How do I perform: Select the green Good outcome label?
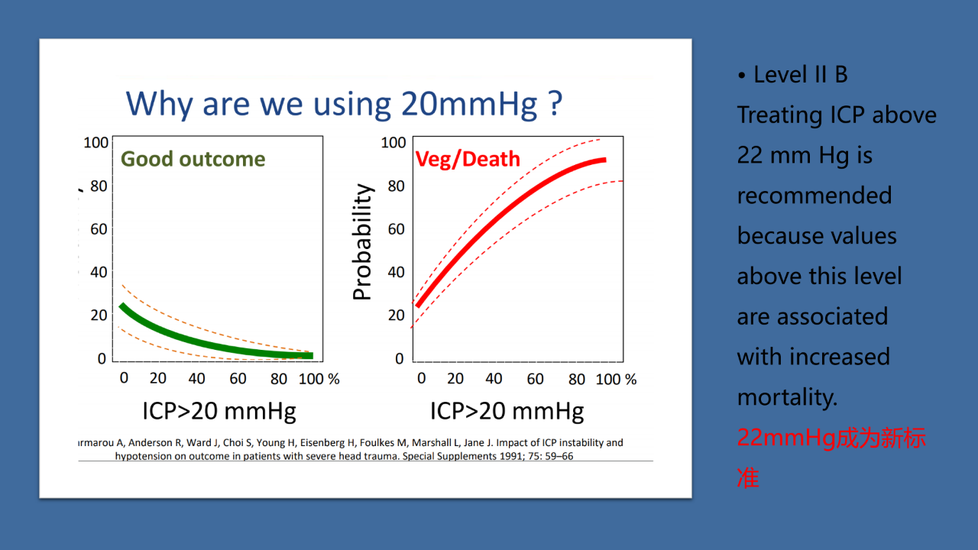193,159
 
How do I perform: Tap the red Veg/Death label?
468,159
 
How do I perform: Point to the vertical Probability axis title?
362,242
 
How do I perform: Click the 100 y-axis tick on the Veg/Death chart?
393,143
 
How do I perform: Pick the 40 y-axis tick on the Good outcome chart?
99,272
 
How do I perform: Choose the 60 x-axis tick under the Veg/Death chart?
535,379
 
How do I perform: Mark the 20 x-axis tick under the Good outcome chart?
158,378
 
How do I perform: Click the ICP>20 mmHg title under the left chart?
219,411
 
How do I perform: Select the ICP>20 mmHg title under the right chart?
507,411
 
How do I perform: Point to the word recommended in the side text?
814,196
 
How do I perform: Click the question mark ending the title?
555,103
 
